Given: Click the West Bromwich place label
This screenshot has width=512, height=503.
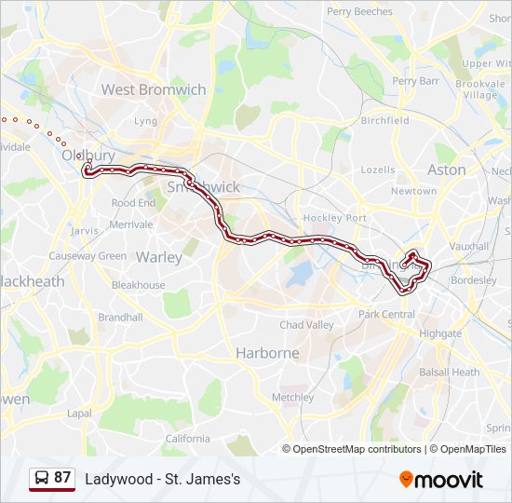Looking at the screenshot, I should (153, 89).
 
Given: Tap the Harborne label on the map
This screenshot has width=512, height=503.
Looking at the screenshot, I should (267, 353).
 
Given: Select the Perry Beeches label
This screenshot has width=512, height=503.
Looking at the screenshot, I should (359, 11).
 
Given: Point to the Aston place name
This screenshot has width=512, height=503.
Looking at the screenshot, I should (446, 170).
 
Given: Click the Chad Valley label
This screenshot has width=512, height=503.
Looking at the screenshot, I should (306, 325).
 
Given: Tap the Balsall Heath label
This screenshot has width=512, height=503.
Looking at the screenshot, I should (450, 372).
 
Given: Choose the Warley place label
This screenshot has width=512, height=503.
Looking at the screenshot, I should (159, 256).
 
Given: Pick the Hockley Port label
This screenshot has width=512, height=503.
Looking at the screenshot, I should (335, 218).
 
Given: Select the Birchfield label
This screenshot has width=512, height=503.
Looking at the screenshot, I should (384, 120).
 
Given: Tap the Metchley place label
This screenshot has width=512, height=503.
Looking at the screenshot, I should (292, 397).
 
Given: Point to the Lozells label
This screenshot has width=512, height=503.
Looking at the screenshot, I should (378, 170).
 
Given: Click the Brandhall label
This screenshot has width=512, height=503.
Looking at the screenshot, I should (120, 317).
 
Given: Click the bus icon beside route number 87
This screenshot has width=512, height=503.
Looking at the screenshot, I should (41, 479).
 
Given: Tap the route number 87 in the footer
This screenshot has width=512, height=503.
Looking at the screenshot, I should (62, 478).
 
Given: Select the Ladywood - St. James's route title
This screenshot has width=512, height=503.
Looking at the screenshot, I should (163, 479).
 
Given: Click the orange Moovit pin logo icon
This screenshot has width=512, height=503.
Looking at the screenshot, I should (406, 479).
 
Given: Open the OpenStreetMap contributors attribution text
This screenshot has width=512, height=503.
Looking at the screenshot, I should (357, 449).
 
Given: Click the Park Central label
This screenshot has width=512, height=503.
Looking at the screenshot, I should (386, 314).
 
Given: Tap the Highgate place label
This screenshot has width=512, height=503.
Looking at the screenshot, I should (439, 333).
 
